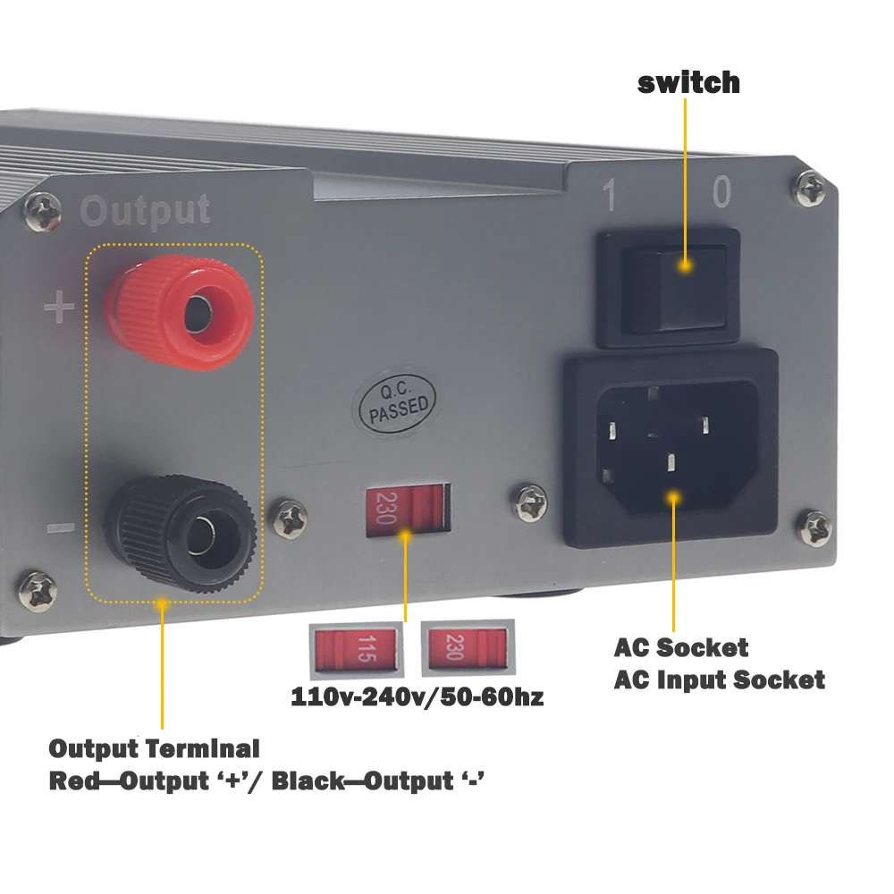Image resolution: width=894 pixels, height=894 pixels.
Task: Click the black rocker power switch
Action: point(669,286)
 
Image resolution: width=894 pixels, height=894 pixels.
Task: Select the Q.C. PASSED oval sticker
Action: point(393,403)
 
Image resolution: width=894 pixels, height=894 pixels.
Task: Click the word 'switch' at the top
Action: point(688,82)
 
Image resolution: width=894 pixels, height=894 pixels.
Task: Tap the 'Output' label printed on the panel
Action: point(145,211)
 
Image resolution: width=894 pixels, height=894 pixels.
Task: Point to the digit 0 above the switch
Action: point(721,191)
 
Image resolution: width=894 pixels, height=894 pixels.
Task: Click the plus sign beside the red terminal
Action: point(60,309)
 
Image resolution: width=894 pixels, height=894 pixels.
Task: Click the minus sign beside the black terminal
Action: point(60,527)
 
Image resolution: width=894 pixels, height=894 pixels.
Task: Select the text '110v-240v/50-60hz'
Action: point(417,697)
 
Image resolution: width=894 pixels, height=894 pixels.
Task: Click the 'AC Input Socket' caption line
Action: point(719,679)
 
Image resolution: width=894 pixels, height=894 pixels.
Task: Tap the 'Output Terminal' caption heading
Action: point(154,748)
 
